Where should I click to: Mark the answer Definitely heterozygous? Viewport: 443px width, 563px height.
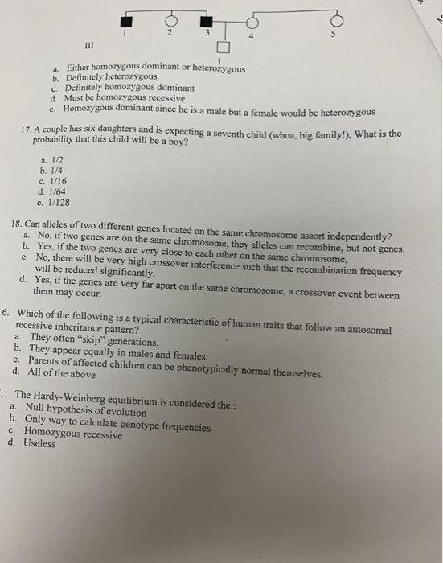coord(111,79)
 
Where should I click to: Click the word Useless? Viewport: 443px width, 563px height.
coord(39,442)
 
